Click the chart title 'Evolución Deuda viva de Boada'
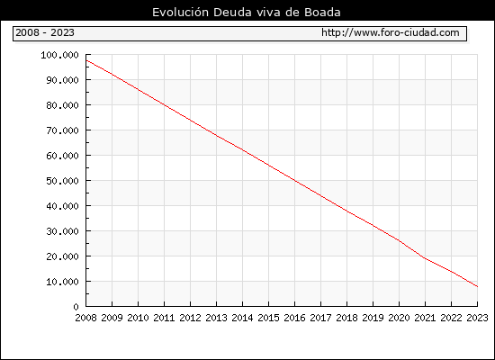pos(247,13)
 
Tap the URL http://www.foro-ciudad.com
pos(391,32)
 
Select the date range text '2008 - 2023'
pos(45,32)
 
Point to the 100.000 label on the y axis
pos(59,55)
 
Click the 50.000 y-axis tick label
pos(62,181)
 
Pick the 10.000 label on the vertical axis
pos(62,282)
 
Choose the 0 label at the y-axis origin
pos(76,307)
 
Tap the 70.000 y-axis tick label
pos(62,130)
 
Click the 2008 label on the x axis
pos(85,318)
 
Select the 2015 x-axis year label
pos(269,318)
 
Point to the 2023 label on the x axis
pos(477,318)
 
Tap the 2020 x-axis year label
pos(399,318)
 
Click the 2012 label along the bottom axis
pos(191,318)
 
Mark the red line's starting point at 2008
pos(86,60)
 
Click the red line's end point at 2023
pos(477,287)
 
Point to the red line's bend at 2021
pos(425,258)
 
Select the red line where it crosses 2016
pos(295,180)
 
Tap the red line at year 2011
pos(164,104)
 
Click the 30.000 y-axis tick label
pos(62,231)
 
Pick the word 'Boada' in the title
pos(322,13)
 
